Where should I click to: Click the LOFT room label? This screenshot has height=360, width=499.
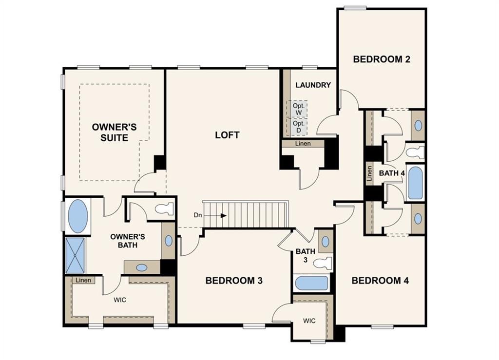click(227, 135)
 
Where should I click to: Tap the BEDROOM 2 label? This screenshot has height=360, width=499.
click(382, 59)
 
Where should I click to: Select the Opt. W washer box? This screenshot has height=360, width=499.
click(298, 109)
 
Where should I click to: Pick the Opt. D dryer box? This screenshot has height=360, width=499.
click(298, 127)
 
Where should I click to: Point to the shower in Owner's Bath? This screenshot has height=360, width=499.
click(75, 255)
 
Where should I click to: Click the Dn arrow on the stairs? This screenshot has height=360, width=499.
click(219, 216)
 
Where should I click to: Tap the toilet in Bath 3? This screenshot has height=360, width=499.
click(323, 263)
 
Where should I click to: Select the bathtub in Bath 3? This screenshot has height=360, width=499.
click(311, 283)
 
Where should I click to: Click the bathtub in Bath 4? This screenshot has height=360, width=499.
click(415, 183)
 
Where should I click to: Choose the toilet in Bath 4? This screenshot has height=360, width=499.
click(415, 152)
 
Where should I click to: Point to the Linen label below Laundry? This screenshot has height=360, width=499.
click(303, 144)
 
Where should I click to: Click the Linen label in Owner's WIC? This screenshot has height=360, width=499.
click(83, 280)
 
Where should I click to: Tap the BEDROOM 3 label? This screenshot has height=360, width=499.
click(234, 281)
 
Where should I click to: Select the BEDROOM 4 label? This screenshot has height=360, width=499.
click(380, 281)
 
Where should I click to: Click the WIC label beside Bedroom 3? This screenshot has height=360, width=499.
click(309, 321)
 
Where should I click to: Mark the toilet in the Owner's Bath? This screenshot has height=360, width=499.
click(164, 209)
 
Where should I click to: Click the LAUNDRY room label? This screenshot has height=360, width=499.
click(313, 85)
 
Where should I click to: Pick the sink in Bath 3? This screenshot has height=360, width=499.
click(325, 242)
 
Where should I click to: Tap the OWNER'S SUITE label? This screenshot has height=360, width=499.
click(114, 133)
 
